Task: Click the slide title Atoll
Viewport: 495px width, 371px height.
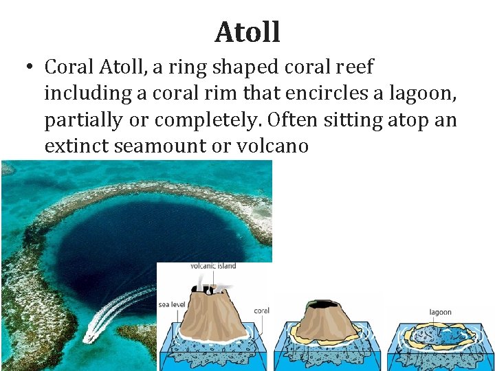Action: pyautogui.click(x=247, y=32)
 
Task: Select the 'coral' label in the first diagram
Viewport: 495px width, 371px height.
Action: pyautogui.click(x=262, y=311)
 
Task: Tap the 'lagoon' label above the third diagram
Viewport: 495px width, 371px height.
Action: pyautogui.click(x=441, y=312)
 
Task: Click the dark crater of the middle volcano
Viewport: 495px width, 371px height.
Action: pyautogui.click(x=322, y=304)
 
